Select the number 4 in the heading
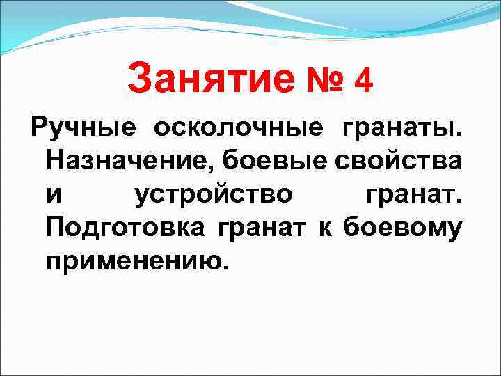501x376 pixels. pos(363,79)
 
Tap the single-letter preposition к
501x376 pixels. pos(325,227)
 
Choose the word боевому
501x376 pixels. pos(401,227)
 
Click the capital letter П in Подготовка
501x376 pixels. pos(56,227)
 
